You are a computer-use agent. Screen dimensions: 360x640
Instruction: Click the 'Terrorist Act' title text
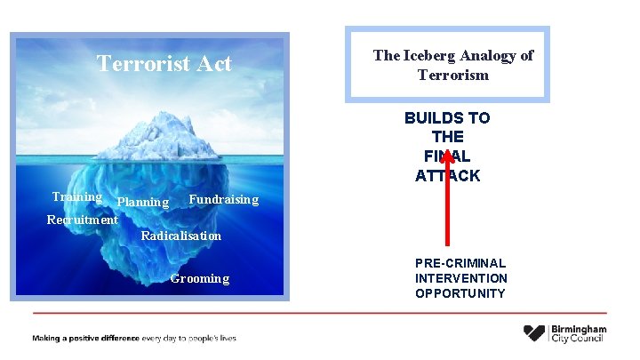pos(164,64)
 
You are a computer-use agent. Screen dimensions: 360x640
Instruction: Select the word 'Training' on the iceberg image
pos(76,197)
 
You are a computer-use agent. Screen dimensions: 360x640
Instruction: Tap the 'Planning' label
pos(143,203)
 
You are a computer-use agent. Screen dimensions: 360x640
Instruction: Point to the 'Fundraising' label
pos(223,199)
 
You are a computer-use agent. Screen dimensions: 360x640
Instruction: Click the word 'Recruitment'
pos(82,220)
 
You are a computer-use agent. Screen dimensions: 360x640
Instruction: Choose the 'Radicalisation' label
pos(181,236)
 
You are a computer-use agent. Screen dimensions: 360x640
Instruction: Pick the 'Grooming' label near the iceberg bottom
pos(200,278)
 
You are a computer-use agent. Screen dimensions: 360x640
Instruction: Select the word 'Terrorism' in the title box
pos(453,75)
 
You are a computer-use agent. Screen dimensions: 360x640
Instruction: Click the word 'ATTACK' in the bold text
pos(447,176)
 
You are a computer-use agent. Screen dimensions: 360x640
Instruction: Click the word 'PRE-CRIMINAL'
pos(460,263)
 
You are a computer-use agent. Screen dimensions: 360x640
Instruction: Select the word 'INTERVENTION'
pos(460,278)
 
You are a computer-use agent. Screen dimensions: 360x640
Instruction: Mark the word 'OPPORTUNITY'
pos(460,293)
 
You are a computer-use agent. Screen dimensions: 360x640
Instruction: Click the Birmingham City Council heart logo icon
pos(534,333)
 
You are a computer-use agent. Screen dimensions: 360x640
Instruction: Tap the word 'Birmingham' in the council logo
pos(579,329)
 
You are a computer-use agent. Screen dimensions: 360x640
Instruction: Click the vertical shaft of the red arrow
pos(447,209)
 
